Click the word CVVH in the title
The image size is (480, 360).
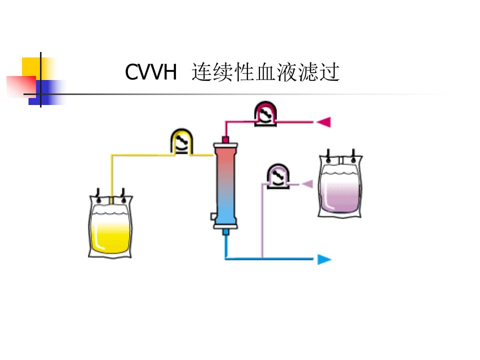click(151, 72)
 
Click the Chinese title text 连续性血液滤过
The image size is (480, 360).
click(265, 72)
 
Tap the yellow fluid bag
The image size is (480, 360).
click(110, 226)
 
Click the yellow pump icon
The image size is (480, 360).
click(182, 141)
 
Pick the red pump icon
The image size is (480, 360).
click(265, 113)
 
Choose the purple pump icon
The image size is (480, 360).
click(278, 176)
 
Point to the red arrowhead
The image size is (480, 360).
click(324, 122)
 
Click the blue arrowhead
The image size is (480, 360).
click(324, 259)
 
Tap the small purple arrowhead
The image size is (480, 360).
click(307, 184)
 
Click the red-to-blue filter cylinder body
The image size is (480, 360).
click(225, 186)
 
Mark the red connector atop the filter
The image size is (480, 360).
click(225, 140)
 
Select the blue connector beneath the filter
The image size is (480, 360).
click(225, 232)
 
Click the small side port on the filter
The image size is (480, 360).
click(213, 216)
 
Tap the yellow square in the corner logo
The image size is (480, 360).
click(31, 67)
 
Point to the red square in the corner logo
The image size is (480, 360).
click(21, 86)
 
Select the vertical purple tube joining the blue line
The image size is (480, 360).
click(262, 220)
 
